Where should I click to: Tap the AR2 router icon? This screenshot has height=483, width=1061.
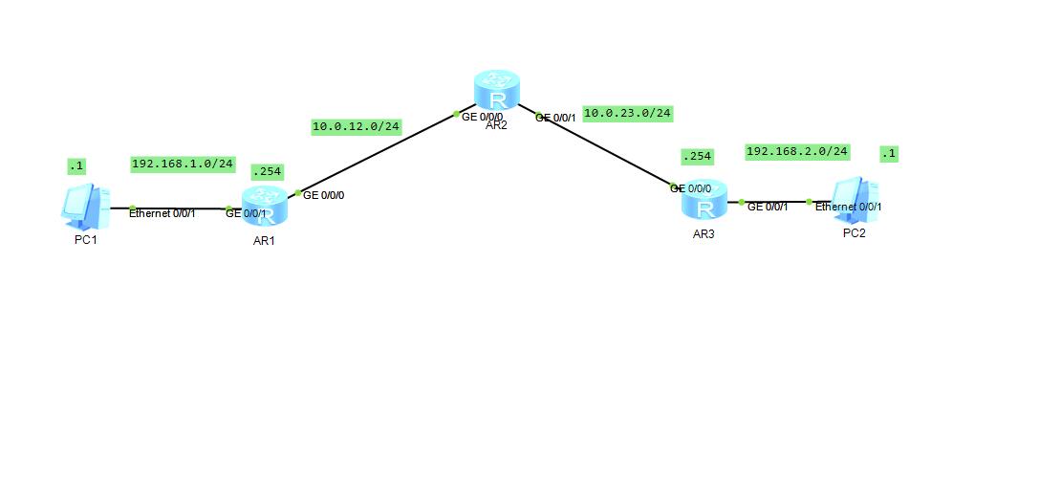pyautogui.click(x=497, y=91)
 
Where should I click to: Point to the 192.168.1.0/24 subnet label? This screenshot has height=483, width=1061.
pyautogui.click(x=183, y=164)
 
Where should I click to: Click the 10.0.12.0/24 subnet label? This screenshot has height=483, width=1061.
pyautogui.click(x=356, y=126)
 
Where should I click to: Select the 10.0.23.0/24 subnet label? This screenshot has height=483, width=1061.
pyautogui.click(x=627, y=113)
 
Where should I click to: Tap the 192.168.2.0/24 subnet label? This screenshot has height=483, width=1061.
pyautogui.click(x=796, y=151)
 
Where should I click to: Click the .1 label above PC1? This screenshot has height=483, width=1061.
pyautogui.click(x=76, y=165)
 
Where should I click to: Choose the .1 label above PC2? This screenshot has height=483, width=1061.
pyautogui.click(x=889, y=153)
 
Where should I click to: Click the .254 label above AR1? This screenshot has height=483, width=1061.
pyautogui.click(x=266, y=172)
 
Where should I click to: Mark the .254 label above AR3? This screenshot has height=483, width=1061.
pyautogui.click(x=697, y=156)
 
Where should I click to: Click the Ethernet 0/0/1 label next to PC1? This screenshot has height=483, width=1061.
pyautogui.click(x=162, y=213)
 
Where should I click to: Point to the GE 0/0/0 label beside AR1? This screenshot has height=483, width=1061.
pyautogui.click(x=323, y=195)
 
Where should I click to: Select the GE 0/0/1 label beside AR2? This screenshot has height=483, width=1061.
pyautogui.click(x=555, y=118)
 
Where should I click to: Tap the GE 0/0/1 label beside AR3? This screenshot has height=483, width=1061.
pyautogui.click(x=768, y=207)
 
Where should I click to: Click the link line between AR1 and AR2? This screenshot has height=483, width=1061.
pyautogui.click(x=378, y=153)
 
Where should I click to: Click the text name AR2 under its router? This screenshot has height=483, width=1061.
pyautogui.click(x=496, y=125)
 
